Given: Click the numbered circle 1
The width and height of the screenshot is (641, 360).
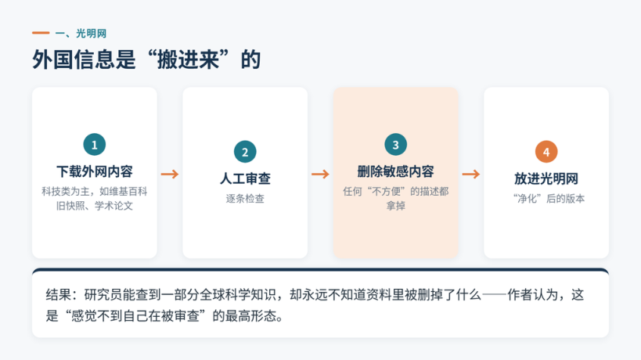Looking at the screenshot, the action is pos(95,145).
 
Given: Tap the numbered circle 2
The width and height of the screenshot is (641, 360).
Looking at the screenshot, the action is pos(245,152).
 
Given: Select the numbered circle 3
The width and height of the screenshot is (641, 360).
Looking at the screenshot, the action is pos(396,145).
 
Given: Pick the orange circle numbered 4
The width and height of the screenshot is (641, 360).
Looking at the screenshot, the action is pos(546,152).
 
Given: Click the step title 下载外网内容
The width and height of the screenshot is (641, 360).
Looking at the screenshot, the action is pos(95,171).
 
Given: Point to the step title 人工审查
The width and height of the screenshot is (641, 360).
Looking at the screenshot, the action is pos(245,178).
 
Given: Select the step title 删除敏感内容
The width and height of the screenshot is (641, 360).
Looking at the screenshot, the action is pos(396,171).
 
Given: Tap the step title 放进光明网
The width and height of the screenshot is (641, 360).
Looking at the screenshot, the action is pos(546,178).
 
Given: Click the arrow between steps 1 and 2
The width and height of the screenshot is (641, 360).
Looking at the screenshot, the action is pos(170,174).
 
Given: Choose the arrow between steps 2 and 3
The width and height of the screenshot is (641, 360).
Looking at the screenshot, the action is pos(320,174).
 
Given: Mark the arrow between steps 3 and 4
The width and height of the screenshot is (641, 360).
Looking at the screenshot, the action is pos(471,174).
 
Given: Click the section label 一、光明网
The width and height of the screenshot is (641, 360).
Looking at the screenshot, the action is pos(81,34).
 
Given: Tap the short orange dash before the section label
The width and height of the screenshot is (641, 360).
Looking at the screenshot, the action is pos(41,33).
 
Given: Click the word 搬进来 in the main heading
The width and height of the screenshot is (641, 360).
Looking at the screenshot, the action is pos(188,59).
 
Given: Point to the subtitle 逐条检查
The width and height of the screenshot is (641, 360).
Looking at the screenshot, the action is pos(245,199).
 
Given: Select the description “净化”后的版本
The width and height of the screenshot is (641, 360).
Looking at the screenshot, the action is pos(549,199).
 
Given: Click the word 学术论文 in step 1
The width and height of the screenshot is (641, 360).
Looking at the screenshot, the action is pos(113,206).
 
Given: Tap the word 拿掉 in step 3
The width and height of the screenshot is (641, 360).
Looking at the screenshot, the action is pos(396,206).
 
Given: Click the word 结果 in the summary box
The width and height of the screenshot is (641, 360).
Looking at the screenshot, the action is pos(59,294).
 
